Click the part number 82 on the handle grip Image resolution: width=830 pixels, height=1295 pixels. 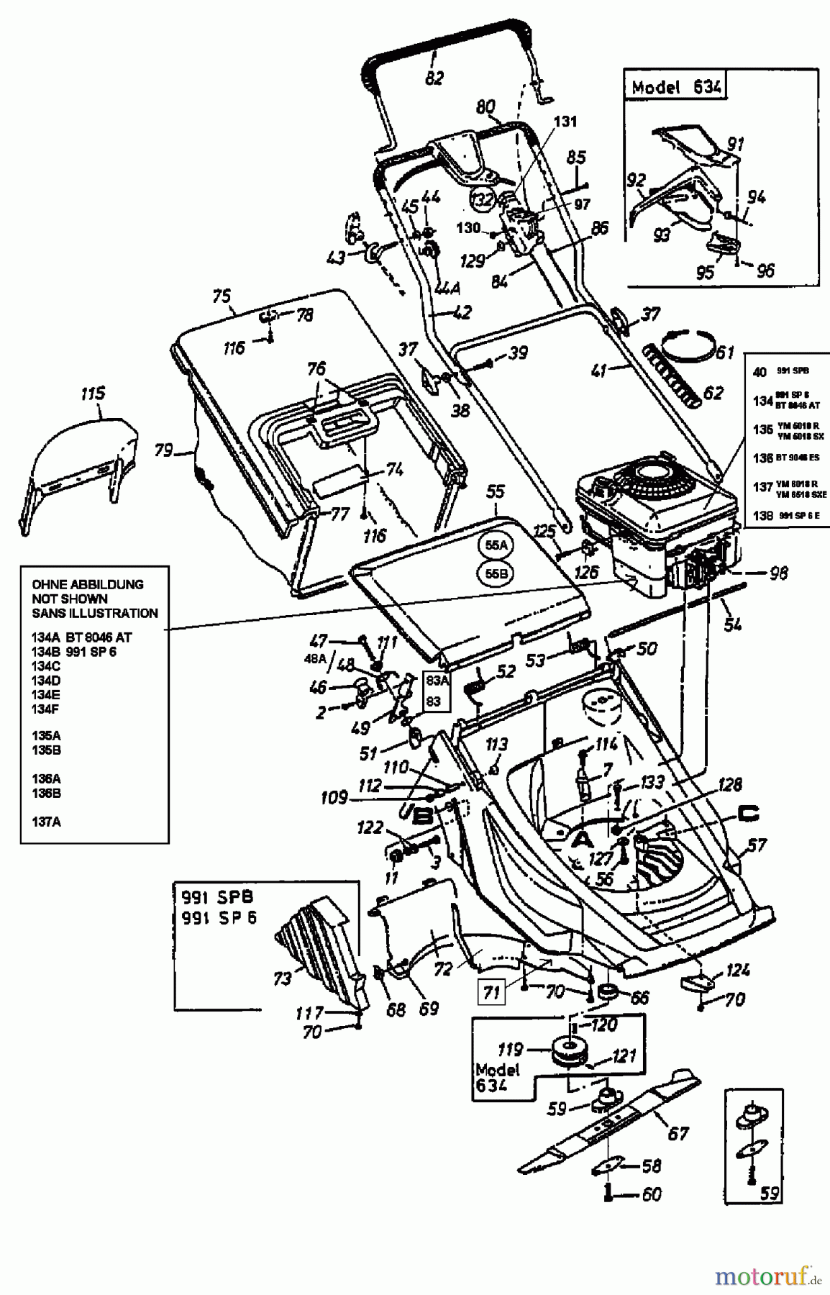point(434,77)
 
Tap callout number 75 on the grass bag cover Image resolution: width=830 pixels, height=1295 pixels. point(222,295)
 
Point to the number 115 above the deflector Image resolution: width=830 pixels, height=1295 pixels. point(93,394)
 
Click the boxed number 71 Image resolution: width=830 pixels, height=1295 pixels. point(491,993)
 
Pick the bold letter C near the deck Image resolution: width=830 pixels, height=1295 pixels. point(749,814)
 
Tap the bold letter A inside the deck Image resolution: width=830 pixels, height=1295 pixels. point(583,838)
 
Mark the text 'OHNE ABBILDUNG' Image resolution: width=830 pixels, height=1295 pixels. point(87,584)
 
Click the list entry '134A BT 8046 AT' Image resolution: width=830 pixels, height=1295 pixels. point(81,637)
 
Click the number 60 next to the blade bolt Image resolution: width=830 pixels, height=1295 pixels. point(650,1195)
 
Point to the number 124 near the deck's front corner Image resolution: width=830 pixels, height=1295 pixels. point(738,971)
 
